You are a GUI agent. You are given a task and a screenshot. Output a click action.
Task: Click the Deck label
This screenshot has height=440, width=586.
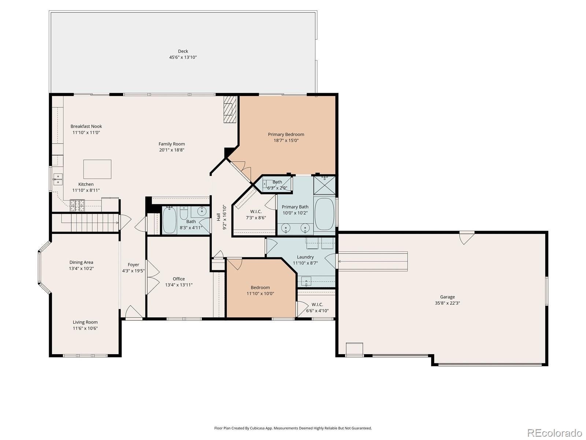tap(183, 51)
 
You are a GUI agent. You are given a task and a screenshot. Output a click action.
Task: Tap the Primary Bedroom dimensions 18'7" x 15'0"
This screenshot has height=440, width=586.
tap(286, 140)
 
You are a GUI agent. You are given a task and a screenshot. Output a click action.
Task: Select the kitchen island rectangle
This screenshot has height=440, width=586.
tap(97, 169)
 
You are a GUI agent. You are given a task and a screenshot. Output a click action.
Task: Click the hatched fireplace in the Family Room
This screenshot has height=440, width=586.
tap(230, 109)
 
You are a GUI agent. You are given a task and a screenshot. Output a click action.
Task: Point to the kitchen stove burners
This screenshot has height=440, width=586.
tap(77, 206)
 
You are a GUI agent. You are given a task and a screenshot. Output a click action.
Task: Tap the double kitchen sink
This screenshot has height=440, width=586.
tap(58, 179)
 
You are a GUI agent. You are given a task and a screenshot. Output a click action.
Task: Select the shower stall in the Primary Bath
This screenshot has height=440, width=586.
tap(324, 185)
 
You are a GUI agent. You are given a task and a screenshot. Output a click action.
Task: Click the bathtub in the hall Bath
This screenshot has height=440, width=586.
tap(169, 220)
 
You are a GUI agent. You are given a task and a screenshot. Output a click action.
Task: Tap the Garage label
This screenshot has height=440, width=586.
tap(448, 297)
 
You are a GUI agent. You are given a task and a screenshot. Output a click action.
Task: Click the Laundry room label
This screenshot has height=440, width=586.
tap(305, 257)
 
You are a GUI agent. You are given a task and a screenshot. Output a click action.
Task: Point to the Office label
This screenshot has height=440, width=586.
tap(179, 279)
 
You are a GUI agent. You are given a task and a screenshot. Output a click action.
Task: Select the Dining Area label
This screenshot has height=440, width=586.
tap(81, 262)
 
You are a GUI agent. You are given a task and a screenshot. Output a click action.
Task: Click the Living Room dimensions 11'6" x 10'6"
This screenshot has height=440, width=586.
tap(85, 328)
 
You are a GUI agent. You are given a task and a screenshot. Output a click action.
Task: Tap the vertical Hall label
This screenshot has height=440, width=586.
tap(219, 217)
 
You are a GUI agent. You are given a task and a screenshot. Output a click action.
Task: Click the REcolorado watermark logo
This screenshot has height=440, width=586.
tap(555, 432)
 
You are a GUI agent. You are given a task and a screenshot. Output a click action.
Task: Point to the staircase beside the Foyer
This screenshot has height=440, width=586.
tap(85, 222)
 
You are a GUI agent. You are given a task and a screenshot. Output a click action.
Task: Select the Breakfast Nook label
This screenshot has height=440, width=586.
tap(86, 126)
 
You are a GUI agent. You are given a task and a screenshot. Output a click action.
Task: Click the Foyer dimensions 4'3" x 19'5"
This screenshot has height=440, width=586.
tap(133, 271)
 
